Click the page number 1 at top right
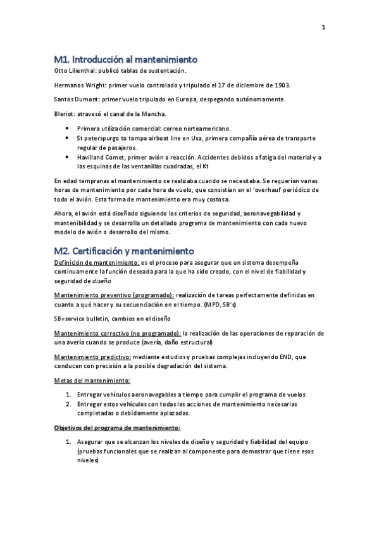tap(323, 27)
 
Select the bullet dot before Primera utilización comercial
tap(68, 128)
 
